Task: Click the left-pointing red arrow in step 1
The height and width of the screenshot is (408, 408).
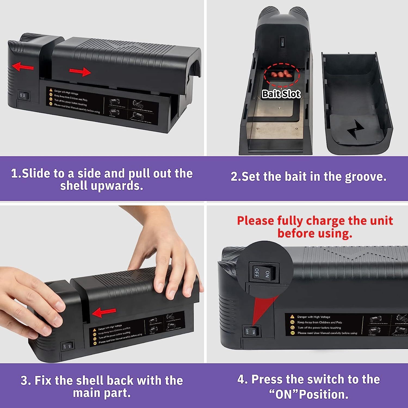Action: tap(23, 67)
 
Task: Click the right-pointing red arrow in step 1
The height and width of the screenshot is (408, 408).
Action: tap(80, 72)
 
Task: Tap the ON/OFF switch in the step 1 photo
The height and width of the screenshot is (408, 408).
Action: tap(23, 95)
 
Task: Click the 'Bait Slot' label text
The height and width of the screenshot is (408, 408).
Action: tap(281, 94)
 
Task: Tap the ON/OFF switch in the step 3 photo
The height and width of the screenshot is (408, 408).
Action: tap(67, 346)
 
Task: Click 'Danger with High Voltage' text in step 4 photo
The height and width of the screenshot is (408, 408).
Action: tap(314, 317)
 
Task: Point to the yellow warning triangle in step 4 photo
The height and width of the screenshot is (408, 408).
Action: tap(292, 317)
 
